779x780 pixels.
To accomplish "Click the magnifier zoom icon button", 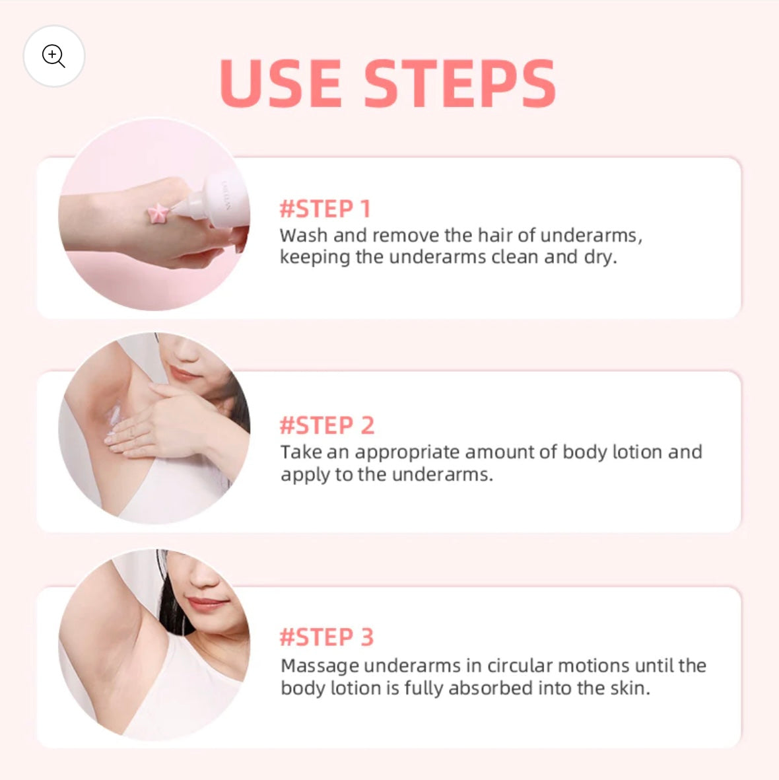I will [x=53, y=56].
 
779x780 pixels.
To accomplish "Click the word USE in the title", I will [x=280, y=83].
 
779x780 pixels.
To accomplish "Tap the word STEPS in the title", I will [x=459, y=83].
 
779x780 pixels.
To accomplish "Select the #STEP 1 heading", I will [x=325, y=209].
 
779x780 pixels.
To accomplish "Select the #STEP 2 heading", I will [x=327, y=425].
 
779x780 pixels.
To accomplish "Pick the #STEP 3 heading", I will [x=326, y=637].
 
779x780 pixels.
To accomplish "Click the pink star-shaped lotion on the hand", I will [x=159, y=214].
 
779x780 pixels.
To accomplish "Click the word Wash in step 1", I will [x=304, y=235].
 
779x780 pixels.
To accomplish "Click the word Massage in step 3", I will [x=320, y=666].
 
